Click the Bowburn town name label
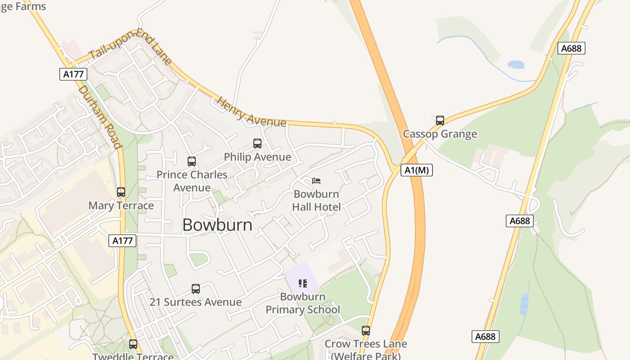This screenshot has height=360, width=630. [x=217, y=225]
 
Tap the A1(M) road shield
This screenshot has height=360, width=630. [x=416, y=170]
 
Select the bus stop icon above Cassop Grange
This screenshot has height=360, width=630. [x=440, y=121]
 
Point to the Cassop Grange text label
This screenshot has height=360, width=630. [x=440, y=134]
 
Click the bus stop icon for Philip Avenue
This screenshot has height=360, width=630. [x=257, y=144]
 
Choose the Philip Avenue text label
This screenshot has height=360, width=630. [x=257, y=157]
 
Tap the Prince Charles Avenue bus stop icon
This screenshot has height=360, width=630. [x=192, y=162]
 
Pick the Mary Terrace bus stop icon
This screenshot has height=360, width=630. [x=121, y=192]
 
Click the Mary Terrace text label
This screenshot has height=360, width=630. [x=121, y=206]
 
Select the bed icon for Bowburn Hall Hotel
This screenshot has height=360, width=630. [x=316, y=181]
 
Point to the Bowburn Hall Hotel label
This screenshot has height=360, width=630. [x=316, y=201]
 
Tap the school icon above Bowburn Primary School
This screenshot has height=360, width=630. [x=303, y=283]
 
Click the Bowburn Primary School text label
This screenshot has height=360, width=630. [x=303, y=303]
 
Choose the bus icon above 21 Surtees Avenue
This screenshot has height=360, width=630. [x=196, y=289]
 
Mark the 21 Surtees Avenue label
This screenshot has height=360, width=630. [x=196, y=302]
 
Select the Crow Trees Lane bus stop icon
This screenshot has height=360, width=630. [x=366, y=331]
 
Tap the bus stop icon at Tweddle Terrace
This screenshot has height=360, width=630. [x=133, y=344]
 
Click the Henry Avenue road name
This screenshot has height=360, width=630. [x=251, y=111]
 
